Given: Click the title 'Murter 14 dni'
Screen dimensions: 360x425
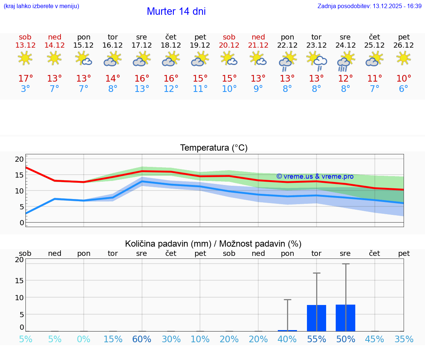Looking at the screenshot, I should [176, 11].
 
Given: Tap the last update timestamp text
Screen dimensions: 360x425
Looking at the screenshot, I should [369, 6].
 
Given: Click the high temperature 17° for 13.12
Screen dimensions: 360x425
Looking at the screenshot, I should [25, 79].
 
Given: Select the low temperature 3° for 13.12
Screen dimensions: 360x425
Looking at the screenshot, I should [25, 89].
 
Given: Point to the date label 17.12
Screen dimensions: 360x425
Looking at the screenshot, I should [142, 45].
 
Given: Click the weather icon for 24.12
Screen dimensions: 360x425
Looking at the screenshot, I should [345, 61].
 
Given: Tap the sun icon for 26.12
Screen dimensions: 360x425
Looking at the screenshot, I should [404, 58].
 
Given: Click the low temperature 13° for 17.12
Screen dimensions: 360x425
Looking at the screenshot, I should [142, 89].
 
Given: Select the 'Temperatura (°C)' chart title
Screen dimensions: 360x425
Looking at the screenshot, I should [214, 148].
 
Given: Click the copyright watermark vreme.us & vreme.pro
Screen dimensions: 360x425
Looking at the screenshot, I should [315, 176].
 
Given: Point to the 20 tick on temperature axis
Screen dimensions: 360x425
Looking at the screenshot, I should [19, 159].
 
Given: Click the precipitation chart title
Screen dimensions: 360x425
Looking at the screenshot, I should [213, 244].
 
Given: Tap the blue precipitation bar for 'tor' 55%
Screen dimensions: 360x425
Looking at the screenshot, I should [317, 318].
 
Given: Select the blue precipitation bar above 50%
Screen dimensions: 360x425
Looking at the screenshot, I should [345, 318].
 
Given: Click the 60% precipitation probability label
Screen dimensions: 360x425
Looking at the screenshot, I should [142, 339].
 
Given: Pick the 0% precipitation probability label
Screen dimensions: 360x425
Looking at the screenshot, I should [84, 339].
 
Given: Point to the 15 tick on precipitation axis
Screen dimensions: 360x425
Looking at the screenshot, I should [19, 280].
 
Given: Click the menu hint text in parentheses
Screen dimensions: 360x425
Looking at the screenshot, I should [41, 6].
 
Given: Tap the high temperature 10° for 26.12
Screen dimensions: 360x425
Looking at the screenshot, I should [404, 79].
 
